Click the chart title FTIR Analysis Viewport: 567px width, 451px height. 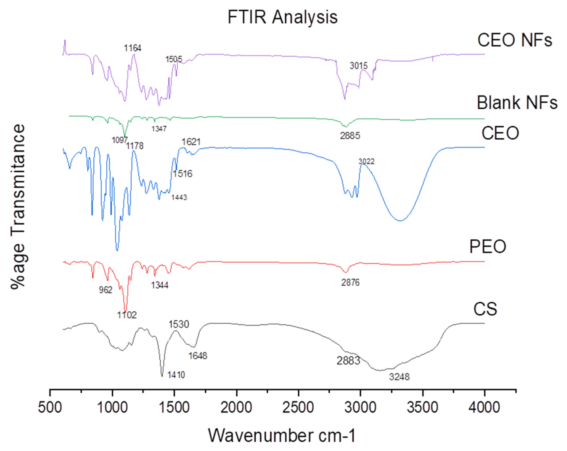click(x=282, y=17)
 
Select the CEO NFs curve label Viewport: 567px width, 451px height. click(x=515, y=40)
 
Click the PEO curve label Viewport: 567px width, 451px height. click(x=488, y=247)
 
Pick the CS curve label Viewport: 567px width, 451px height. click(x=485, y=309)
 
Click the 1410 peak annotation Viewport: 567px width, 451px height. click(x=176, y=375)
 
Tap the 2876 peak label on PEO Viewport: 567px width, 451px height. click(x=350, y=282)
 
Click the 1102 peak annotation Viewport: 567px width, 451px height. click(x=127, y=315)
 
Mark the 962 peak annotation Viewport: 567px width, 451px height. click(x=106, y=290)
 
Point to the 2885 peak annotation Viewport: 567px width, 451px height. click(x=350, y=136)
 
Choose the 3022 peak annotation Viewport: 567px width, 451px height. click(x=366, y=161)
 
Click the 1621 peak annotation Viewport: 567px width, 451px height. click(x=191, y=142)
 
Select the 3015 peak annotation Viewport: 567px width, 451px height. click(x=359, y=66)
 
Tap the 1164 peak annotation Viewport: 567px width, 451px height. click(x=133, y=48)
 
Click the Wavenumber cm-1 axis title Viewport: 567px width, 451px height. click(x=282, y=435)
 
